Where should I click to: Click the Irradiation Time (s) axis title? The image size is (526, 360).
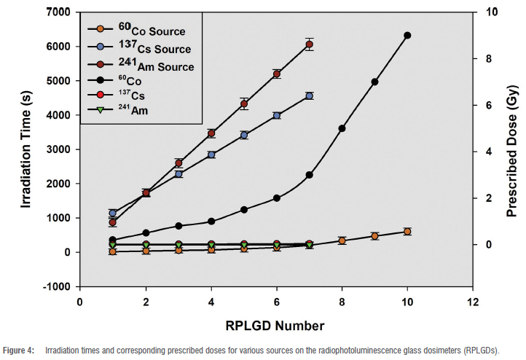click(x=26, y=149)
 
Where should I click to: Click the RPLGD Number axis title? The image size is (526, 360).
click(x=276, y=324)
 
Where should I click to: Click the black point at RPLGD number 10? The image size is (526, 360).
click(x=407, y=35)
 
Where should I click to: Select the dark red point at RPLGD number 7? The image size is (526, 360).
click(x=310, y=44)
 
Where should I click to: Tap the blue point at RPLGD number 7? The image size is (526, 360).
click(x=310, y=95)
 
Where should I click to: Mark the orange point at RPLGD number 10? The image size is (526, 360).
click(x=407, y=232)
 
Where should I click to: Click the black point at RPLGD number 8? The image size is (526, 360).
click(x=342, y=128)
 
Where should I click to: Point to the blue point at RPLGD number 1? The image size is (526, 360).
click(x=113, y=213)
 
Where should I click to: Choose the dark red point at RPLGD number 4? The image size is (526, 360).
click(x=211, y=133)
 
